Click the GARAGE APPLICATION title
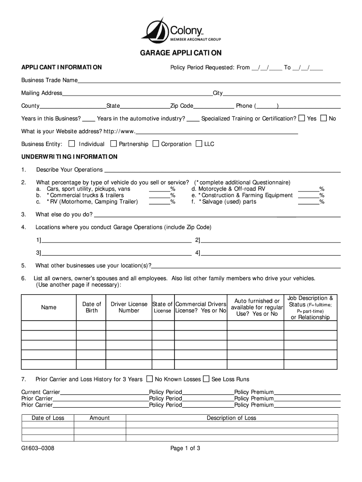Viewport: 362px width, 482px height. click(x=181, y=53)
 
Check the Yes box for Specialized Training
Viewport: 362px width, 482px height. click(x=302, y=118)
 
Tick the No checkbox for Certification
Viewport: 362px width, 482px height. click(x=323, y=118)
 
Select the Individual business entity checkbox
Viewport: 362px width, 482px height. click(x=72, y=143)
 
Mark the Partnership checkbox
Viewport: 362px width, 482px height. click(x=113, y=143)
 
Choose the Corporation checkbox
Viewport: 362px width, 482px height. click(x=156, y=143)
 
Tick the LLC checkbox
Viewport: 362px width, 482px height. click(x=199, y=143)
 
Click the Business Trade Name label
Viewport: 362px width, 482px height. click(x=49, y=80)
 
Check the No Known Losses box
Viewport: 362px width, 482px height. click(x=150, y=378)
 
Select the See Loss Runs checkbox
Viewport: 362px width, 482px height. click(x=206, y=378)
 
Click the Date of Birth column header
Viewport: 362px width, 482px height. click(x=92, y=307)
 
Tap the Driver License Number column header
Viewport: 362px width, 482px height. click(x=129, y=307)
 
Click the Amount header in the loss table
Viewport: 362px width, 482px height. click(x=100, y=418)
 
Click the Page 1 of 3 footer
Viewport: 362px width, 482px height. click(x=185, y=448)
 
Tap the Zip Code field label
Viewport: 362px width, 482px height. click(x=181, y=106)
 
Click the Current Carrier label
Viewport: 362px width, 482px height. click(x=41, y=392)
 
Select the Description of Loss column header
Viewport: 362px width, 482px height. click(x=231, y=418)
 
